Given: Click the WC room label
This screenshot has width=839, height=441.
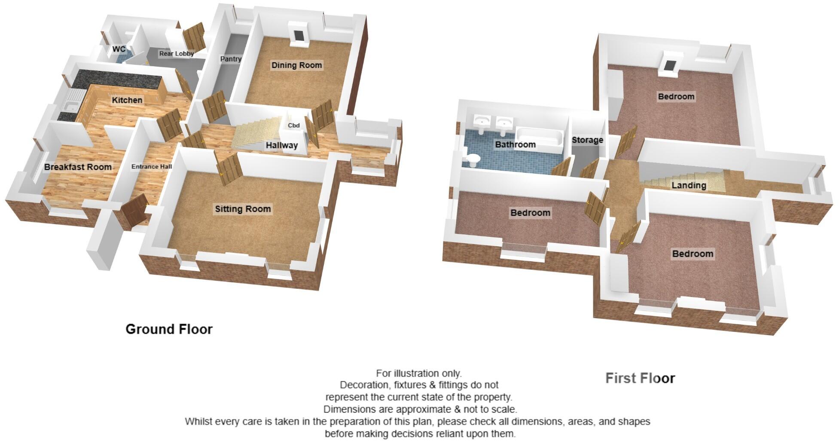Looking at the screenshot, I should point(119,49).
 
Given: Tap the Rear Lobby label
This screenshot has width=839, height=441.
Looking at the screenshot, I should point(177,54).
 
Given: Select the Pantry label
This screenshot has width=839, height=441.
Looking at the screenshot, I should point(231,59).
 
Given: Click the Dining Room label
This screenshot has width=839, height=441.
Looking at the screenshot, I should point(296,65).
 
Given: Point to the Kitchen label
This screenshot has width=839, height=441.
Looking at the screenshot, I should point(127,100).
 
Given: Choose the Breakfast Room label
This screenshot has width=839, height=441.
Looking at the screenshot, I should point(78,167).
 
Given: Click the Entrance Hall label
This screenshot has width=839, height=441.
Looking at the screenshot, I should point(152,166).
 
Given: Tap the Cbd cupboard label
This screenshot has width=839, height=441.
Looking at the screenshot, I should point(293,126).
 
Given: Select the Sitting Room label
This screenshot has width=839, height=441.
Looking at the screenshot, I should point(243,209).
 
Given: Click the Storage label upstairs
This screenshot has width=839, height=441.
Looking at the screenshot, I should point(587,140).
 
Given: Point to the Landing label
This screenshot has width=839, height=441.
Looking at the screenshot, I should point(689,185).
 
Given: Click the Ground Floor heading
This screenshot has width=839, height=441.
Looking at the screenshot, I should point(169,329).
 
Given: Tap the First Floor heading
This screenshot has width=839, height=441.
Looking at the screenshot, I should point(640,378).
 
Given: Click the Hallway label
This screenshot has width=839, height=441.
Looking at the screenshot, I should point(281,145).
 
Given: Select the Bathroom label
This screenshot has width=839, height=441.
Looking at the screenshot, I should point(515,144).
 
